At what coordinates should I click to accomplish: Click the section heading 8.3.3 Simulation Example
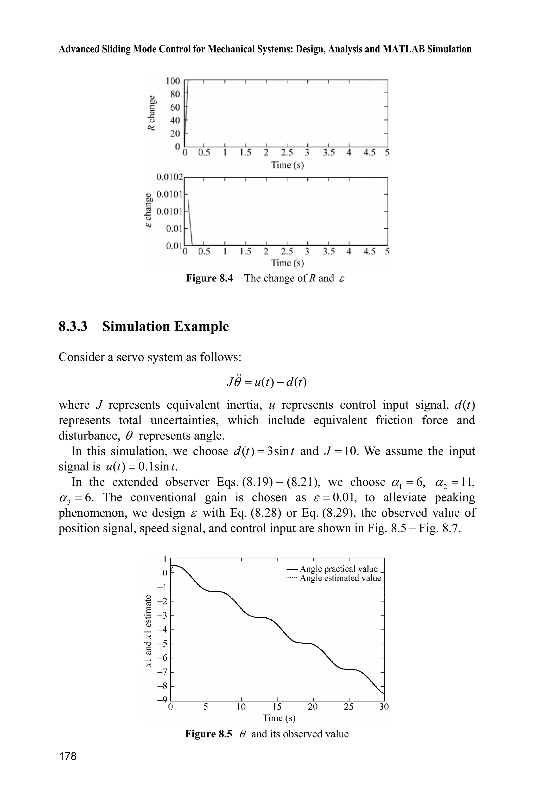pyautogui.click(x=144, y=327)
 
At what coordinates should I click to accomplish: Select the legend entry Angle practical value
pyautogui.click(x=339, y=569)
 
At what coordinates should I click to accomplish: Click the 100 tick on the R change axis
pyautogui.click(x=173, y=81)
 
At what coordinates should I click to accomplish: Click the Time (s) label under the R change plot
pyautogui.click(x=287, y=165)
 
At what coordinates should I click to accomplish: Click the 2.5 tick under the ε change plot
pyautogui.click(x=287, y=252)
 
